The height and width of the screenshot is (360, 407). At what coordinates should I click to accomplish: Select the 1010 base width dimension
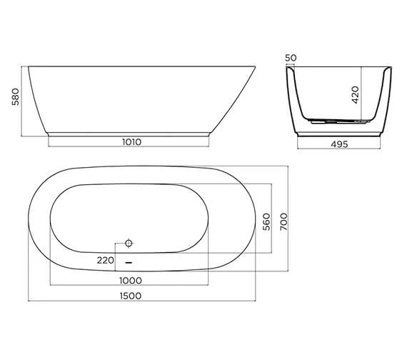pos(131,141)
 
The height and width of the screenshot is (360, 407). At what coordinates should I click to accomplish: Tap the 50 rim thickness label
pos(290,57)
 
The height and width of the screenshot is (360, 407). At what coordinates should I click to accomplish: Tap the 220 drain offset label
pos(106,261)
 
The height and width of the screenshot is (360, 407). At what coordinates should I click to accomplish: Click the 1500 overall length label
pos(129,295)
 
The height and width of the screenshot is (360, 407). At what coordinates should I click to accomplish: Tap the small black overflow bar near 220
pos(129,261)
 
